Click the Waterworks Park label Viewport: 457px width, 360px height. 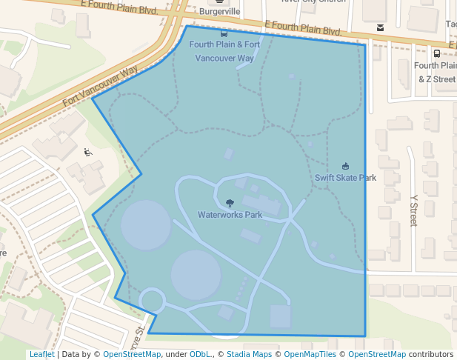(230, 215)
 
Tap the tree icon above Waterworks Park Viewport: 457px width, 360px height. (230, 203)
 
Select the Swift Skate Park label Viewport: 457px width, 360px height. (345, 178)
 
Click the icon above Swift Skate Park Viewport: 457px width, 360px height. (345, 166)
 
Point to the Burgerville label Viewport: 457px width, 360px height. (219, 13)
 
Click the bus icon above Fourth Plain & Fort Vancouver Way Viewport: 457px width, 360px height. (224, 33)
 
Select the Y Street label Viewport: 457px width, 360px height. (413, 210)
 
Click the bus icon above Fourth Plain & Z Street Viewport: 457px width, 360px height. (437, 53)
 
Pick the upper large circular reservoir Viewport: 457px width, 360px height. (146, 224)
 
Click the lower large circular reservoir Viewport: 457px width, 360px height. (196, 275)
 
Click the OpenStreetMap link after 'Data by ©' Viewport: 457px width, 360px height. (132, 354)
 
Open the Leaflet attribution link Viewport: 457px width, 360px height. (41, 354)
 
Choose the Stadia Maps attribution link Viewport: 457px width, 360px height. (249, 354)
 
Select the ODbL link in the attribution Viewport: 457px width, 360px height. (200, 354)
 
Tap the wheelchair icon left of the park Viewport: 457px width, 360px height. (88, 153)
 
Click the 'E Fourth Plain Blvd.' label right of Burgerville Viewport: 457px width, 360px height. (302, 29)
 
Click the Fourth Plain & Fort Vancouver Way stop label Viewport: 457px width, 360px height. (224, 51)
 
